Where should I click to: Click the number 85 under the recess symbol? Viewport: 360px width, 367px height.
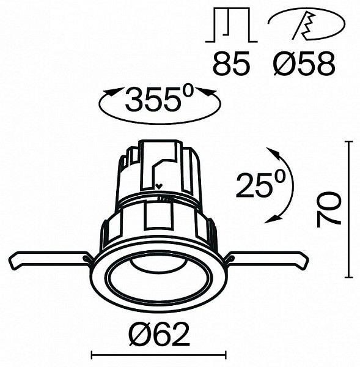tap(232, 63)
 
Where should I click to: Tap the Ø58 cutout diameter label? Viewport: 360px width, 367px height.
tap(304, 64)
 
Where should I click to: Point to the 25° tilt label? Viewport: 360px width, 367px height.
tap(261, 183)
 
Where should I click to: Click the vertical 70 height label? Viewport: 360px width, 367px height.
tap(329, 209)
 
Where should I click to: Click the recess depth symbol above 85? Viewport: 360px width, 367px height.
tap(232, 25)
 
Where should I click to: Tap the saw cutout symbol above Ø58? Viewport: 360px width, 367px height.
tap(306, 25)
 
